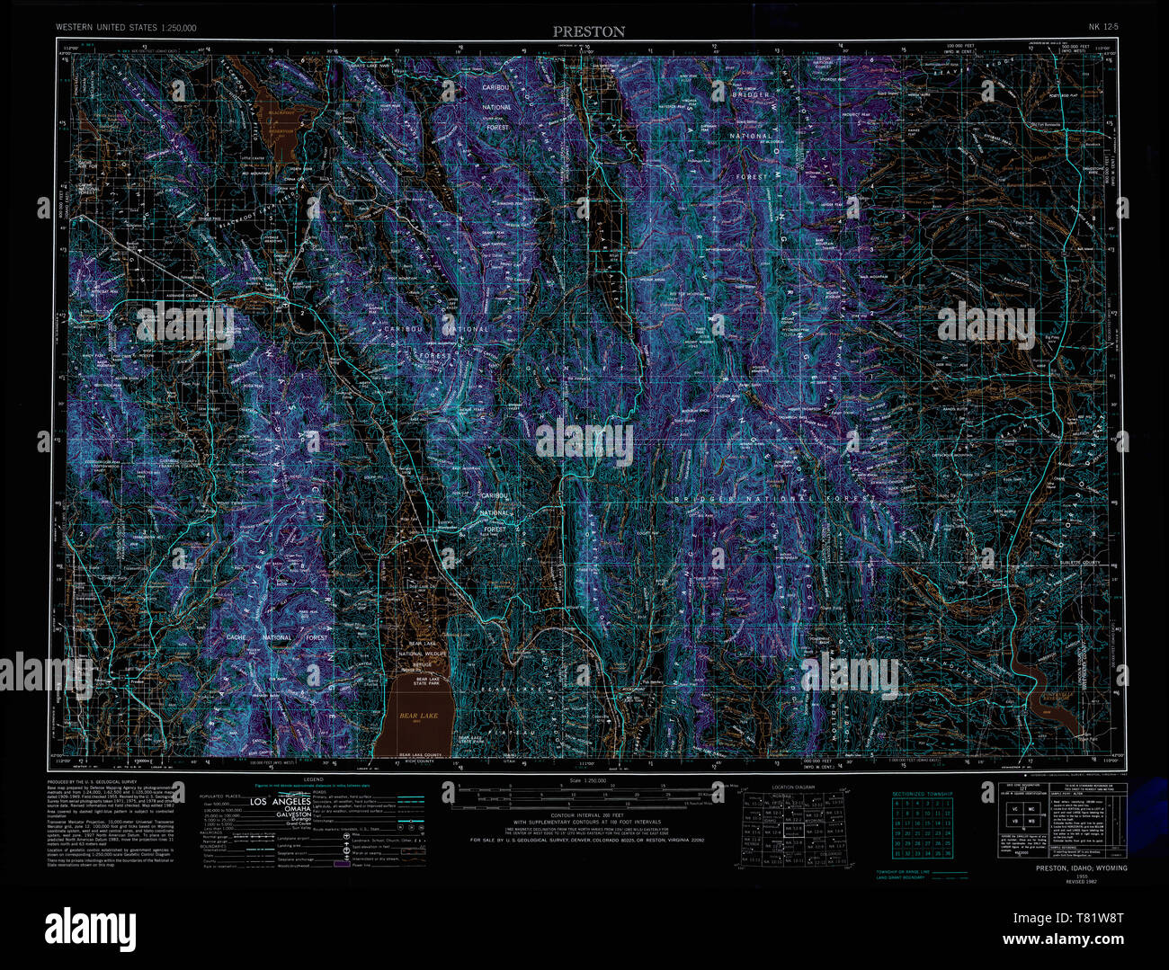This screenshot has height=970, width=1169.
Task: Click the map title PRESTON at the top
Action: tap(589, 31)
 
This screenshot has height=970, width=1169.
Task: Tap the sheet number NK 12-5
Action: tap(1103, 27)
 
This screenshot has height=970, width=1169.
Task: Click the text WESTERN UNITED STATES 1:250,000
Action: tap(126, 28)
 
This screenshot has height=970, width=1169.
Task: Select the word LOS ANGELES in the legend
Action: tap(280, 801)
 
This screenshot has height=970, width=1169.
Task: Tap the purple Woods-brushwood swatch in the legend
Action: tap(341, 864)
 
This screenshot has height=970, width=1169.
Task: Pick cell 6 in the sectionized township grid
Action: tap(898, 803)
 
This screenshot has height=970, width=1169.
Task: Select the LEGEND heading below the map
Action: tap(313, 780)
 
